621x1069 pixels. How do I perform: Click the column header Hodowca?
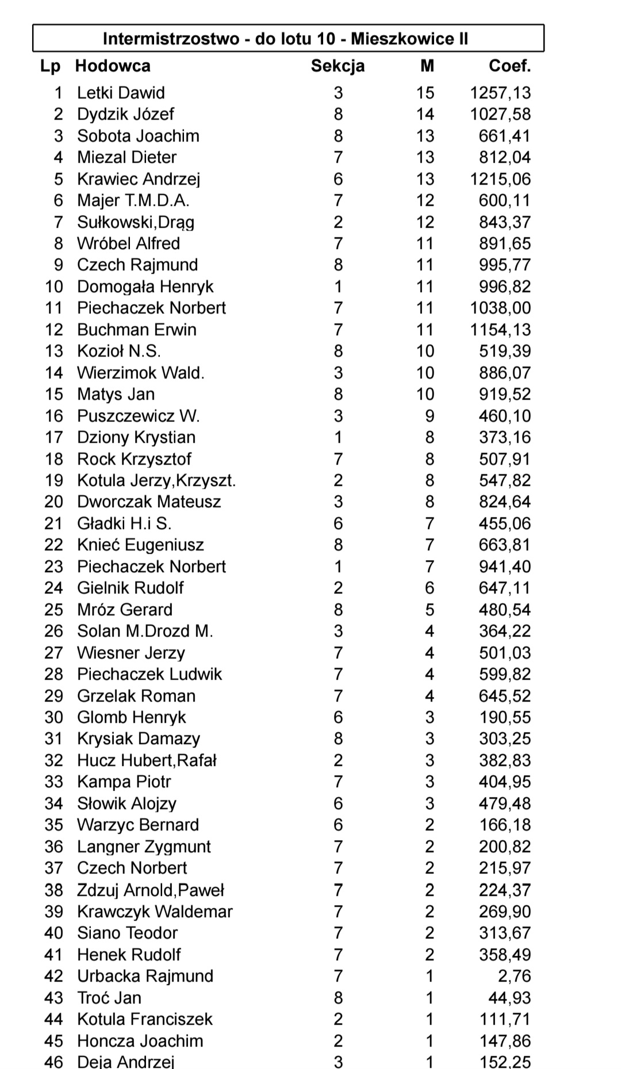click(113, 66)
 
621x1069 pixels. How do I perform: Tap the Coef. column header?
click(509, 66)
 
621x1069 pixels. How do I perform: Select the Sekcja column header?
click(338, 66)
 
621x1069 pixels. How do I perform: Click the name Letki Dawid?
click(121, 93)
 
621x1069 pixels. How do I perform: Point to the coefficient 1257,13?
click(500, 93)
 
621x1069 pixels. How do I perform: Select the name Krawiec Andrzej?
click(139, 179)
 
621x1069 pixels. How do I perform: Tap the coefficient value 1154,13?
click(500, 329)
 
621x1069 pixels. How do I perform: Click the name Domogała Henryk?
click(145, 286)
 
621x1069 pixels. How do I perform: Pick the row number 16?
click(54, 416)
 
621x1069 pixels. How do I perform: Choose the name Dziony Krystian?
click(136, 437)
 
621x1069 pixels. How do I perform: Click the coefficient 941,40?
click(505, 566)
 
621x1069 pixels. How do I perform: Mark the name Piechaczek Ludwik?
click(149, 674)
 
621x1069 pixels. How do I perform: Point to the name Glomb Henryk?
click(132, 717)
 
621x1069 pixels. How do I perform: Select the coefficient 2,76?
click(515, 976)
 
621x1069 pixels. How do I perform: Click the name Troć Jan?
click(109, 998)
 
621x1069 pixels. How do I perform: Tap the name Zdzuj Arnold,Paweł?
click(151, 890)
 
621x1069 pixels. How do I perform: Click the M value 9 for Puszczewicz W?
click(430, 416)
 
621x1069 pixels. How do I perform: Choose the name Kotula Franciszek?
click(145, 1019)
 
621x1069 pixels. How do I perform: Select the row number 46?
click(54, 1062)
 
